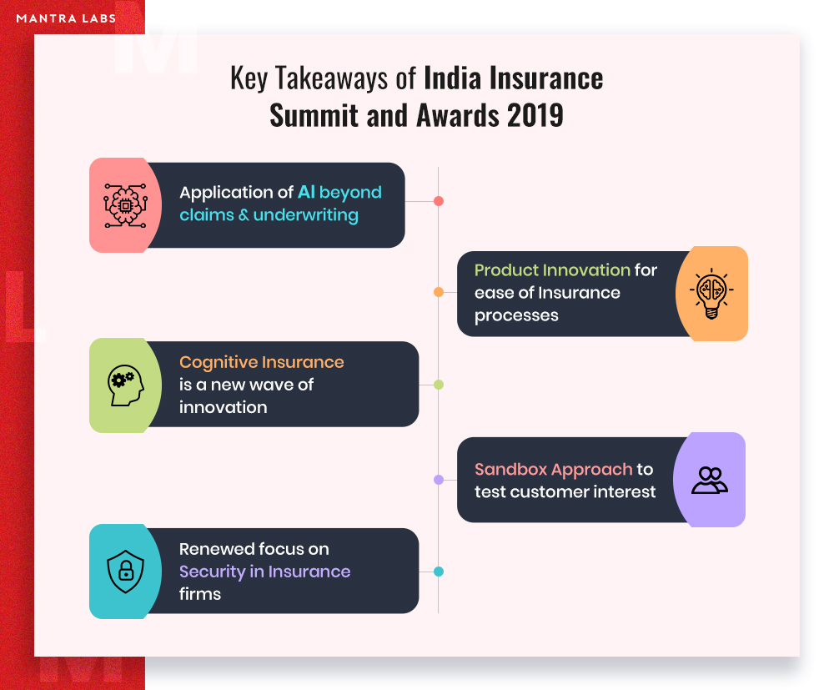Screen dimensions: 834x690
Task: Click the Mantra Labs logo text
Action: click(x=66, y=18)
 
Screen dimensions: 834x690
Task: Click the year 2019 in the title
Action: click(x=535, y=115)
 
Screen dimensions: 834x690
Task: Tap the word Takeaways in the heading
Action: click(x=332, y=78)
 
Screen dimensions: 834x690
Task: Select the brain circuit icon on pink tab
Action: click(x=126, y=205)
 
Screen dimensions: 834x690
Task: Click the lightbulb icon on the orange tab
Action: click(x=711, y=294)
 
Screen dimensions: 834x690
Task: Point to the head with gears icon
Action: click(x=126, y=385)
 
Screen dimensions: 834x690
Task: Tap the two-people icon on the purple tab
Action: click(x=710, y=481)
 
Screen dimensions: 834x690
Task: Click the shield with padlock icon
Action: click(x=126, y=572)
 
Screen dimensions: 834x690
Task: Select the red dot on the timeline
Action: click(x=439, y=201)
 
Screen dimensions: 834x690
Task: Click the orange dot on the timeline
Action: click(x=439, y=292)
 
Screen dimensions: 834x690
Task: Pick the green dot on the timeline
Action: click(x=439, y=385)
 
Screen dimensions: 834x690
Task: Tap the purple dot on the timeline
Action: click(x=439, y=480)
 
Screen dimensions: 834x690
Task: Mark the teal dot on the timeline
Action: click(x=439, y=572)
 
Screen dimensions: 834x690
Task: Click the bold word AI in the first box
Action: click(x=306, y=192)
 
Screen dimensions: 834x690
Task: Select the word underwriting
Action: click(x=306, y=215)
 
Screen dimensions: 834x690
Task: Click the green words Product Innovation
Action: click(x=553, y=270)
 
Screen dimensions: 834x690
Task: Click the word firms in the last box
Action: click(x=200, y=594)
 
